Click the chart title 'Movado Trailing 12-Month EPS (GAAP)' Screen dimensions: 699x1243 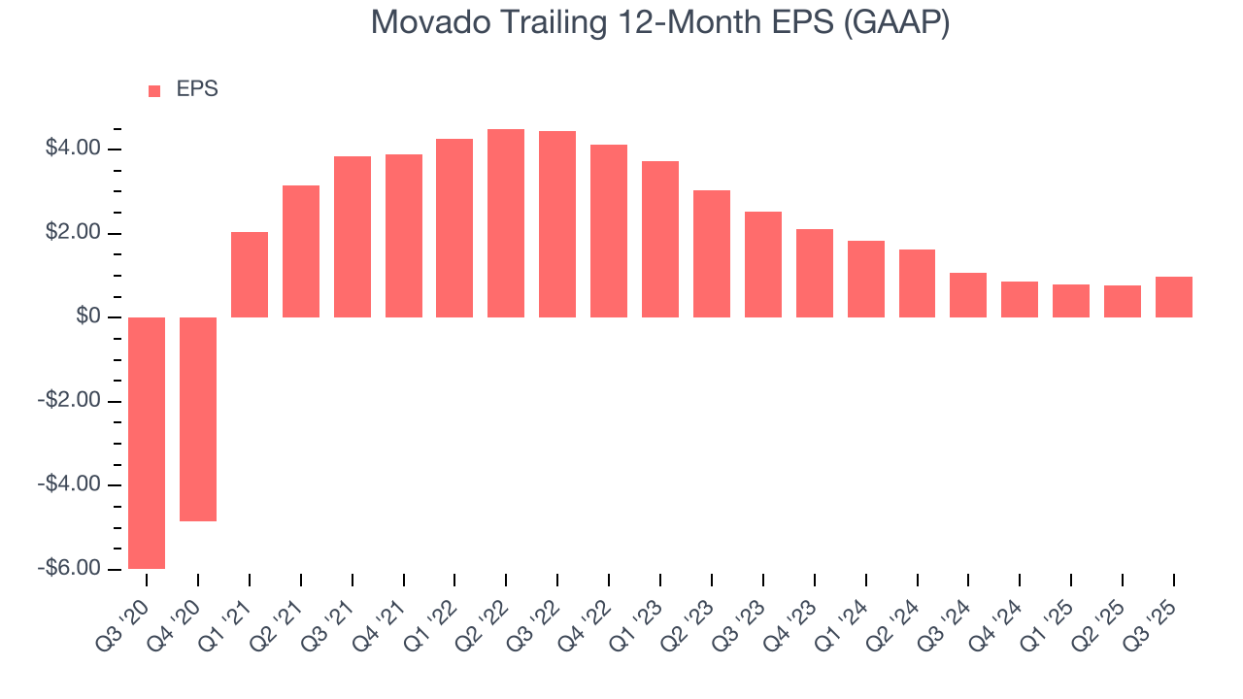(660, 22)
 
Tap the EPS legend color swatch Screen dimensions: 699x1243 (154, 91)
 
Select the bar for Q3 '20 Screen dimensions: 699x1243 (147, 443)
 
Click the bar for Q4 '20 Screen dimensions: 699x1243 (198, 419)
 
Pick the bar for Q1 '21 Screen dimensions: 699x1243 (250, 275)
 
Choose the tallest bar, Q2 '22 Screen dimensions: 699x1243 (506, 223)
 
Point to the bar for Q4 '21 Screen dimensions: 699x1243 (403, 236)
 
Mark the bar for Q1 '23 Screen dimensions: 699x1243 (660, 240)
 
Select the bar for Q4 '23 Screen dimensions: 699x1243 (814, 273)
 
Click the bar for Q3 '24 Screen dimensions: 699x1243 (968, 295)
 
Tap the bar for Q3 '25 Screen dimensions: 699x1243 (1173, 297)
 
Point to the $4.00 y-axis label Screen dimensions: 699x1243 (73, 149)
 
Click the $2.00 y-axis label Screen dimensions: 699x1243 (73, 233)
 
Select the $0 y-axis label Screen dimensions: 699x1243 (88, 317)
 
